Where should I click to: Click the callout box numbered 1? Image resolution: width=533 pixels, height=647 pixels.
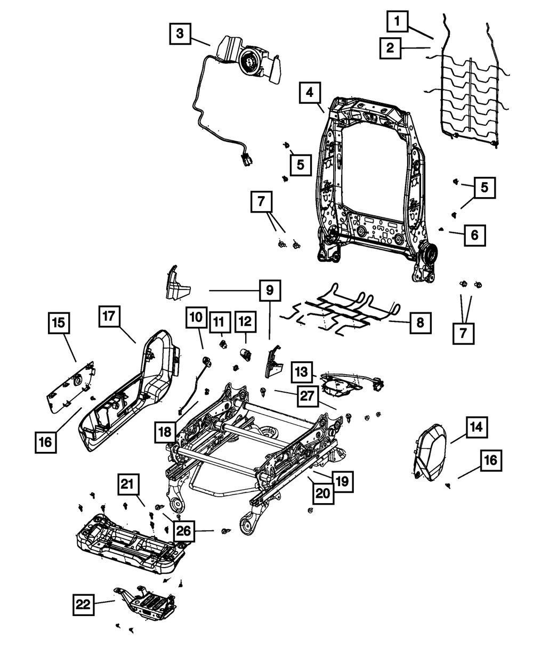click(397, 23)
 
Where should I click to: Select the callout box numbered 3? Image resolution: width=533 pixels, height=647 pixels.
click(181, 34)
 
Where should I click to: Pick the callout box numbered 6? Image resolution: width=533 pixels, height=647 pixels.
click(474, 234)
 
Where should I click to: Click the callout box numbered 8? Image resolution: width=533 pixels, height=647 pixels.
click(421, 322)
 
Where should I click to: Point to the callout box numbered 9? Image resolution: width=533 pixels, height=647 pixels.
click(270, 290)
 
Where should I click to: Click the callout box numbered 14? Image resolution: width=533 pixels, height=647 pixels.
click(477, 427)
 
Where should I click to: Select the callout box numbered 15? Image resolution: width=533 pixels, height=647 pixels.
click(59, 322)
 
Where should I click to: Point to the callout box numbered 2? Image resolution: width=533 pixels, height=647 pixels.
click(391, 49)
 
